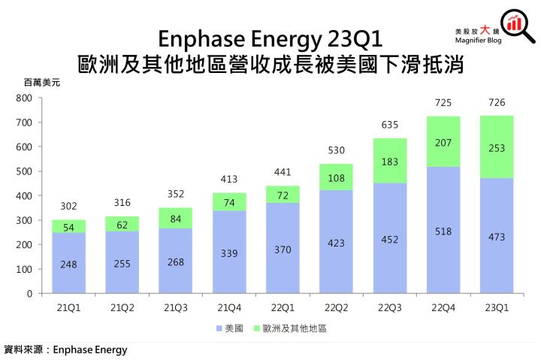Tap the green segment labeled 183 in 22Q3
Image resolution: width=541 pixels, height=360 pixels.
[x=390, y=161]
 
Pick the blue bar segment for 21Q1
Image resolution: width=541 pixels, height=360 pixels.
[x=68, y=263]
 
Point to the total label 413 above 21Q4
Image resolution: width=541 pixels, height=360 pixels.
[x=229, y=180]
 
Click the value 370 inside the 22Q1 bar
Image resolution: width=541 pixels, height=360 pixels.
[x=283, y=249]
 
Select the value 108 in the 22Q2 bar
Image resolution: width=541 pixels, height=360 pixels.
[x=336, y=178]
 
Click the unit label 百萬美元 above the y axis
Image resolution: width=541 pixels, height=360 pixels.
[x=41, y=82]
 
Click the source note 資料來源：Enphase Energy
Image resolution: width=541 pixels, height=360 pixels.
[x=66, y=350]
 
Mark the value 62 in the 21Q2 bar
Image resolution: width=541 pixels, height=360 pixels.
[x=122, y=224]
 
